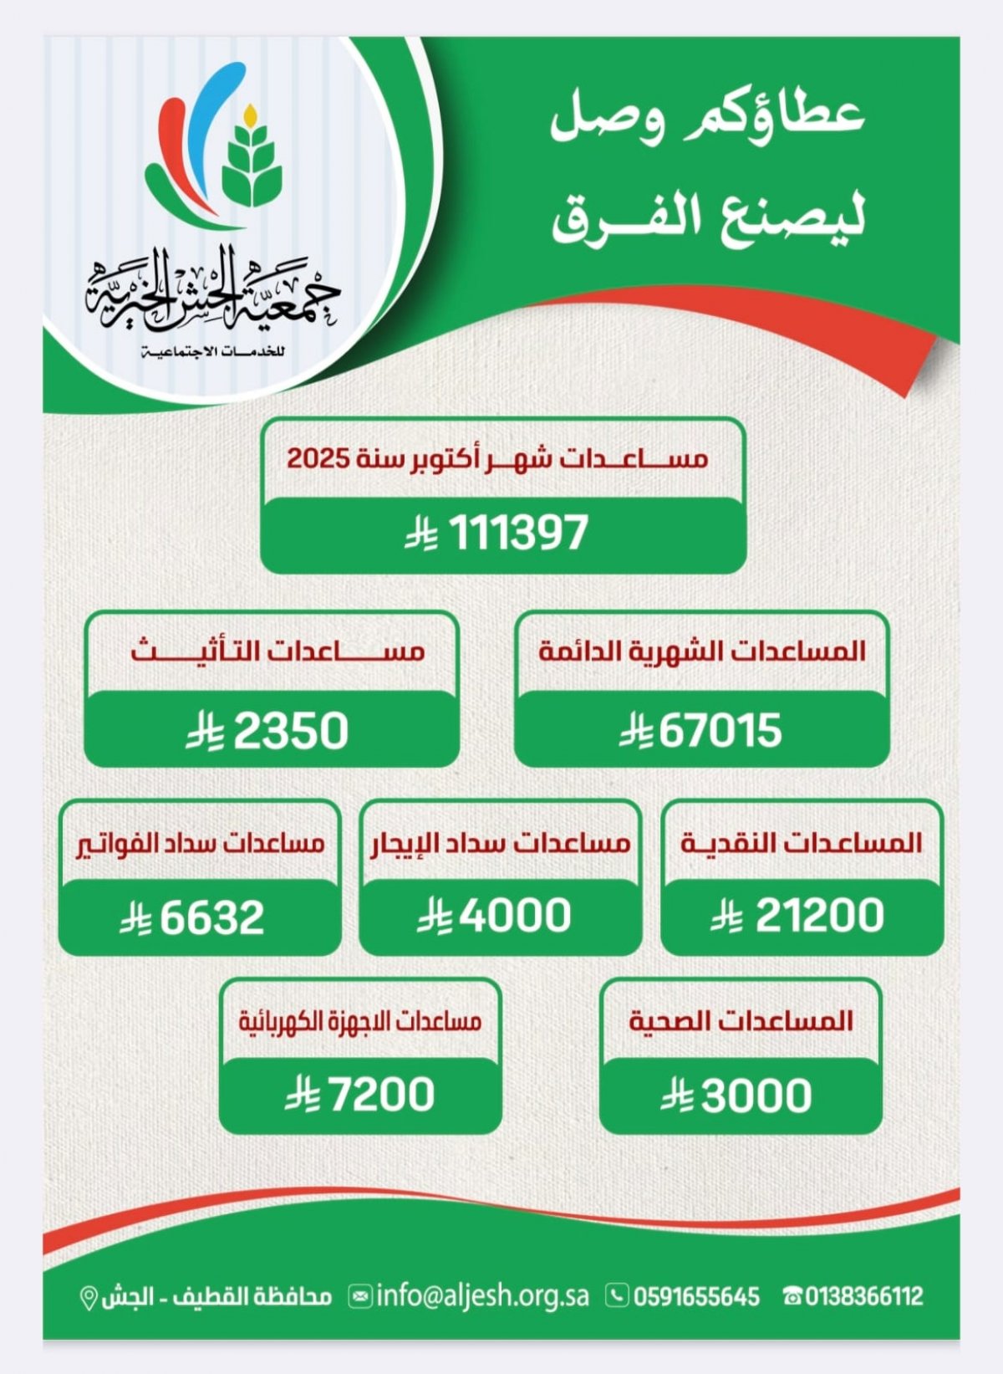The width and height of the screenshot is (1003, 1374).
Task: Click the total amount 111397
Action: pos(519,533)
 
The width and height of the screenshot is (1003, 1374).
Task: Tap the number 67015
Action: pos(720,731)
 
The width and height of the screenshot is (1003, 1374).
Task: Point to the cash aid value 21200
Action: pos(819,916)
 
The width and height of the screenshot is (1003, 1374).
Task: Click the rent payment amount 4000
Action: pos(515,916)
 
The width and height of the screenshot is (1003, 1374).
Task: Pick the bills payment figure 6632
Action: pos(212,917)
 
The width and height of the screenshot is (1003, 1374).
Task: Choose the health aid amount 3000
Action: pos(756,1096)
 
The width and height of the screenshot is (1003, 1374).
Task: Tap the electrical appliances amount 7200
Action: pos(383,1095)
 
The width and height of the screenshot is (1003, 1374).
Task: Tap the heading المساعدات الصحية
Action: pos(741,1021)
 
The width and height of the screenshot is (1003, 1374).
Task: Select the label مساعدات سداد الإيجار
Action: pos(501,843)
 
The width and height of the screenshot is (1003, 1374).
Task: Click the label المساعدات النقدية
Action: pos(802,843)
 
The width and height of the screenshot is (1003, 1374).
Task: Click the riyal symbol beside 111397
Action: pos(421,534)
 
